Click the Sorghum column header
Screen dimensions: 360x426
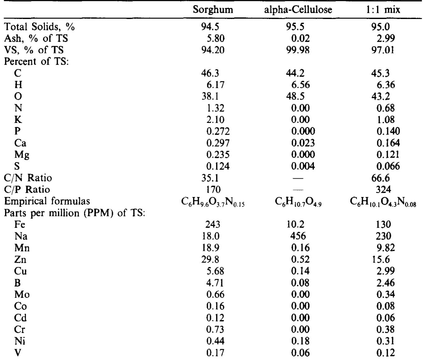(213, 10)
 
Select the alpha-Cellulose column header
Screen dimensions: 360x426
(298, 10)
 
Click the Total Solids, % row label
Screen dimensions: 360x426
(40, 27)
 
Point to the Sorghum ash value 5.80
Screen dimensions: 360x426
(215, 39)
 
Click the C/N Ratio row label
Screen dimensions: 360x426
(28, 178)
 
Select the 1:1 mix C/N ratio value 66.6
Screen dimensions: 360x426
(378, 178)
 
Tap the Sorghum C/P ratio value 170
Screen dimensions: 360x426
(213, 189)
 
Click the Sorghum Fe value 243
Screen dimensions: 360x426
(213, 224)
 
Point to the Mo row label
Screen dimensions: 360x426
(22, 294)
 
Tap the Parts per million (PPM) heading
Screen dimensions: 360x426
(75, 213)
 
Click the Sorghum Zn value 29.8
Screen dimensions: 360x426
(211, 259)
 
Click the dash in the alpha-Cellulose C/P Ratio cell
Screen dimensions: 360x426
(298, 189)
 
